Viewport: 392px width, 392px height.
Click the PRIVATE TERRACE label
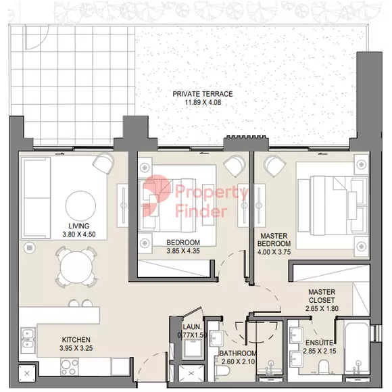click(x=203, y=94)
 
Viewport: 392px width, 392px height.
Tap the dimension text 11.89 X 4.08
click(x=203, y=102)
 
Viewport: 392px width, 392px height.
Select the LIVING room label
click(x=79, y=226)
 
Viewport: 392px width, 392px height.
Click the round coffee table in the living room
click(x=80, y=205)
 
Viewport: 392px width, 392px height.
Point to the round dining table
click(x=76, y=267)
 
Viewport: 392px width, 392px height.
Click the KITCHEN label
click(x=76, y=339)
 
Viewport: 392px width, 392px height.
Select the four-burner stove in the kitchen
click(x=70, y=366)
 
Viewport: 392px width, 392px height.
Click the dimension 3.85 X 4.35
click(x=183, y=251)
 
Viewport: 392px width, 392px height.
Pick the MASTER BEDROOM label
click(x=274, y=239)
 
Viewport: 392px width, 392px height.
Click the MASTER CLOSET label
click(x=322, y=296)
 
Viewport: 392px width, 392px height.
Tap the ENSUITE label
click(x=320, y=343)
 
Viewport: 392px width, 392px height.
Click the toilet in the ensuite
click(x=324, y=367)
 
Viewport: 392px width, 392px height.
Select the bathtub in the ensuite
click(x=357, y=347)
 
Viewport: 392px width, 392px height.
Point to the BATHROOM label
click(x=238, y=353)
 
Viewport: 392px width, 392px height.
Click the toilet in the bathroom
click(x=222, y=370)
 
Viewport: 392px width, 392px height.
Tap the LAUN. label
click(x=192, y=326)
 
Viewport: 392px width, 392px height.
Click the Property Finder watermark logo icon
click(x=157, y=195)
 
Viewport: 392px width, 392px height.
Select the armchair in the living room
click(x=103, y=163)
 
